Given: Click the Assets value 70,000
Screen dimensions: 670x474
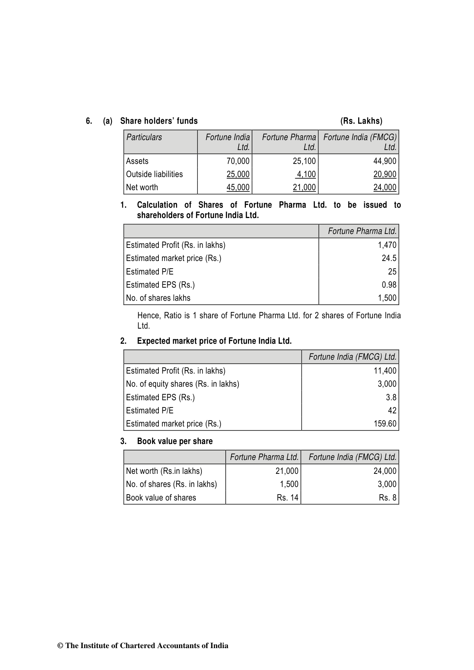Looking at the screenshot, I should pyautogui.click(x=238, y=161).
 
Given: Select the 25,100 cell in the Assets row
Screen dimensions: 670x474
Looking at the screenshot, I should pyautogui.click(x=304, y=161).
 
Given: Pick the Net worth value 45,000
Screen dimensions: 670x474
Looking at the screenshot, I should pyautogui.click(x=238, y=187).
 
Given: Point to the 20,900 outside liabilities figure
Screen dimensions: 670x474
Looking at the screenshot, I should pyautogui.click(x=384, y=174).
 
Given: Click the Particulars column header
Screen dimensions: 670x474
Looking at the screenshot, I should pyautogui.click(x=144, y=137).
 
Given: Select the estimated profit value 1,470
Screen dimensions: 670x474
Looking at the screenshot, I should pyautogui.click(x=387, y=245).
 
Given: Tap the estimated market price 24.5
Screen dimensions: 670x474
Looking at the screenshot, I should pyautogui.click(x=389, y=258).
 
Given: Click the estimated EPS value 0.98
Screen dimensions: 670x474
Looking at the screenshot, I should pyautogui.click(x=389, y=285).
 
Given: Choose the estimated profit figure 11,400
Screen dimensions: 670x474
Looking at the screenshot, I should pyautogui.click(x=385, y=371).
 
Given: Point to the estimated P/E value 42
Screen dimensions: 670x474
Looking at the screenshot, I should pyautogui.click(x=392, y=411).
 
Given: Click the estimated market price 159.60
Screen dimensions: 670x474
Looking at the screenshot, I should pyautogui.click(x=385, y=424).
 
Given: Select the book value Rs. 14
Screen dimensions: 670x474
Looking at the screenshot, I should pyautogui.click(x=287, y=498).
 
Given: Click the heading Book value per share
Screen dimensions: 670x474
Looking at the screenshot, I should pyautogui.click(x=175, y=441).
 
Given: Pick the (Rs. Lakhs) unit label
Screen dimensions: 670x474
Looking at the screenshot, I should pyautogui.click(x=361, y=121).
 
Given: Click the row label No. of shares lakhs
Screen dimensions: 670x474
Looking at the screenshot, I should pyautogui.click(x=158, y=298).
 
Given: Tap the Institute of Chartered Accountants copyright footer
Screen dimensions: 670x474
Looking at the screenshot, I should pyautogui.click(x=143, y=646).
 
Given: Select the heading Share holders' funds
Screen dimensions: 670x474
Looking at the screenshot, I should pyautogui.click(x=159, y=121).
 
